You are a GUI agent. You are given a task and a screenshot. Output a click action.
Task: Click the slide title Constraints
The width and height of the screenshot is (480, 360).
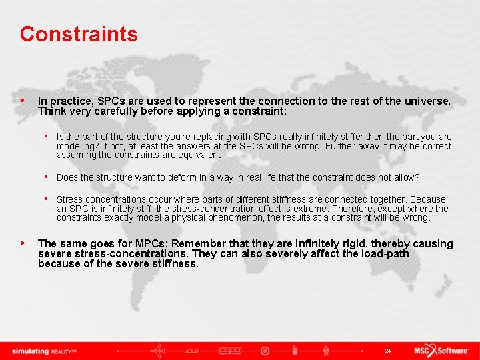click(x=79, y=34)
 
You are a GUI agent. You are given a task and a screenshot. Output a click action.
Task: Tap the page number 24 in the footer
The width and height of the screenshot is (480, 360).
click(x=387, y=351)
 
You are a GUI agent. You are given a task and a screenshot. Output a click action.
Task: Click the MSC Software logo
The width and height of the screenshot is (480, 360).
click(x=441, y=351)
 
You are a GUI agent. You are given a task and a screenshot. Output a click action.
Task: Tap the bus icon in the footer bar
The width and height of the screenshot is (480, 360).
click(x=230, y=351)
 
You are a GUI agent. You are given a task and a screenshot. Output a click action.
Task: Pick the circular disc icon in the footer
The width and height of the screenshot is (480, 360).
click(x=265, y=351)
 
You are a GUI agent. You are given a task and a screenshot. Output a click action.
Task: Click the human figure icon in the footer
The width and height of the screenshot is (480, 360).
click(x=325, y=351)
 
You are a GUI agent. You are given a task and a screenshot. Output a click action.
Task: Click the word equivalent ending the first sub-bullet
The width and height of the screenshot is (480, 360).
click(x=198, y=155)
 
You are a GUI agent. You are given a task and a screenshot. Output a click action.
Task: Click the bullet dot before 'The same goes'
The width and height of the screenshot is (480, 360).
click(x=23, y=244)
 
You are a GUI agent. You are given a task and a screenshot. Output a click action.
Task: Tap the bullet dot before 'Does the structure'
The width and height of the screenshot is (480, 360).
click(x=47, y=177)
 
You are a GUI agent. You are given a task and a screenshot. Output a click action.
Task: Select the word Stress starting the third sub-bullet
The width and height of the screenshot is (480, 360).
click(x=69, y=199)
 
